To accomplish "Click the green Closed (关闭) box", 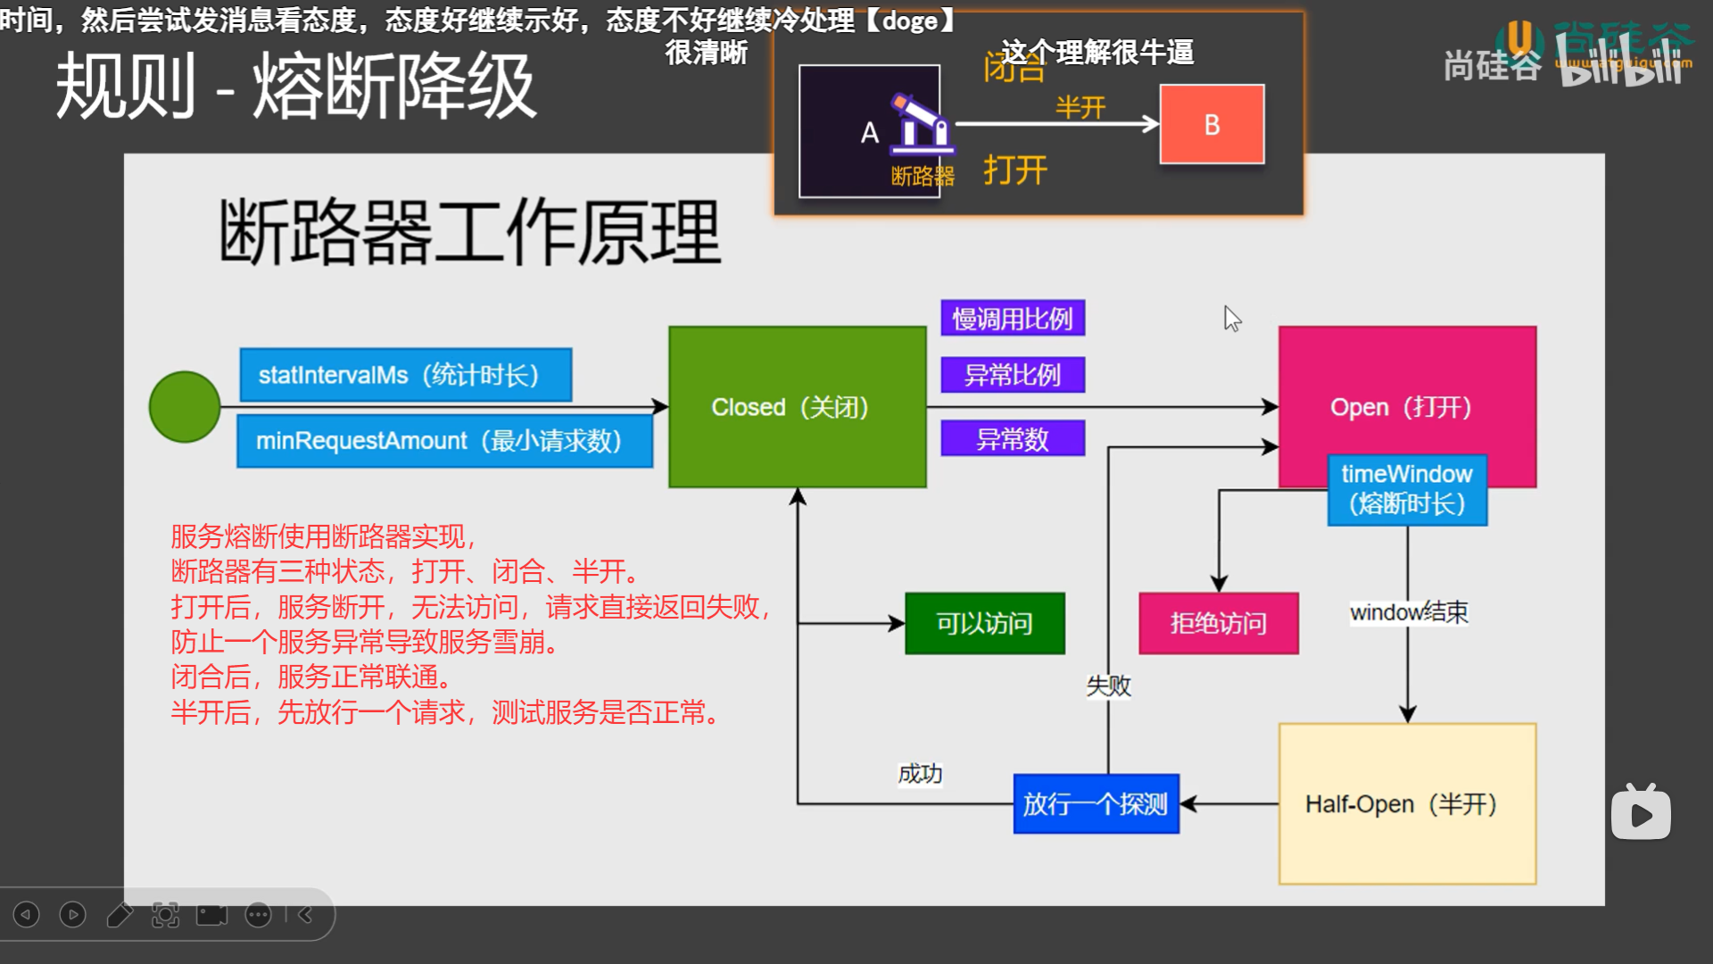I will click(797, 407).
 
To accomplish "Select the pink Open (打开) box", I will click(1406, 393).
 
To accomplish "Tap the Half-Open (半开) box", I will click(1407, 803).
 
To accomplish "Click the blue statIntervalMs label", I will click(405, 375).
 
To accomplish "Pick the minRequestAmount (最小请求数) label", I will click(444, 440).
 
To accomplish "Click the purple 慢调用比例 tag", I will click(1013, 319).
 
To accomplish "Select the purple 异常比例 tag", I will click(1013, 375).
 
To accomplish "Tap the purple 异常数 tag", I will click(1013, 439).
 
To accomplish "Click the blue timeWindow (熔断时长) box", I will click(1407, 489).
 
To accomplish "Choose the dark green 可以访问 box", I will click(984, 623).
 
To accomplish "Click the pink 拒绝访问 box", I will click(1218, 623).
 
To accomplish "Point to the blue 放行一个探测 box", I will click(1096, 803).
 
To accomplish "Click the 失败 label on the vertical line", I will click(1108, 686).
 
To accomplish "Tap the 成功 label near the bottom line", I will click(920, 773).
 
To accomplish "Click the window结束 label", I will click(1408, 612).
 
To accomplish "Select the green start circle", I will click(185, 407).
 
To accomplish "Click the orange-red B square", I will click(1212, 124).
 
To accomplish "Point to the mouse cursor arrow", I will click(1231, 317).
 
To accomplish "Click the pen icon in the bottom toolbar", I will click(119, 914).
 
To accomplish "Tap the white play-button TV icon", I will click(1641, 813).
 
